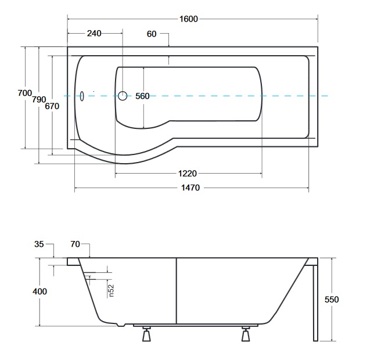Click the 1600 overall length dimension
click(x=188, y=19)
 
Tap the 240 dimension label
click(x=94, y=33)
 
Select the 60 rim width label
click(x=152, y=34)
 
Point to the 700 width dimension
click(x=25, y=93)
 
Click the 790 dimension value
click(x=39, y=99)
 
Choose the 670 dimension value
click(x=52, y=106)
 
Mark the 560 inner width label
click(x=142, y=96)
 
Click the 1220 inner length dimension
click(x=188, y=174)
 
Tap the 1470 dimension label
click(x=190, y=188)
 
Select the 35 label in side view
click(x=39, y=244)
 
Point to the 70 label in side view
click(x=75, y=244)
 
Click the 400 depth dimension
click(x=39, y=291)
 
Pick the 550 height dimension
click(x=332, y=299)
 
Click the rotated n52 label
click(x=111, y=291)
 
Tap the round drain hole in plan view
click(x=123, y=96)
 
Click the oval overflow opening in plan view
click(x=82, y=96)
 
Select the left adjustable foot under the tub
click(x=146, y=334)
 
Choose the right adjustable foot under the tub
click(x=246, y=334)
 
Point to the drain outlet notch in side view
click(x=121, y=325)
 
